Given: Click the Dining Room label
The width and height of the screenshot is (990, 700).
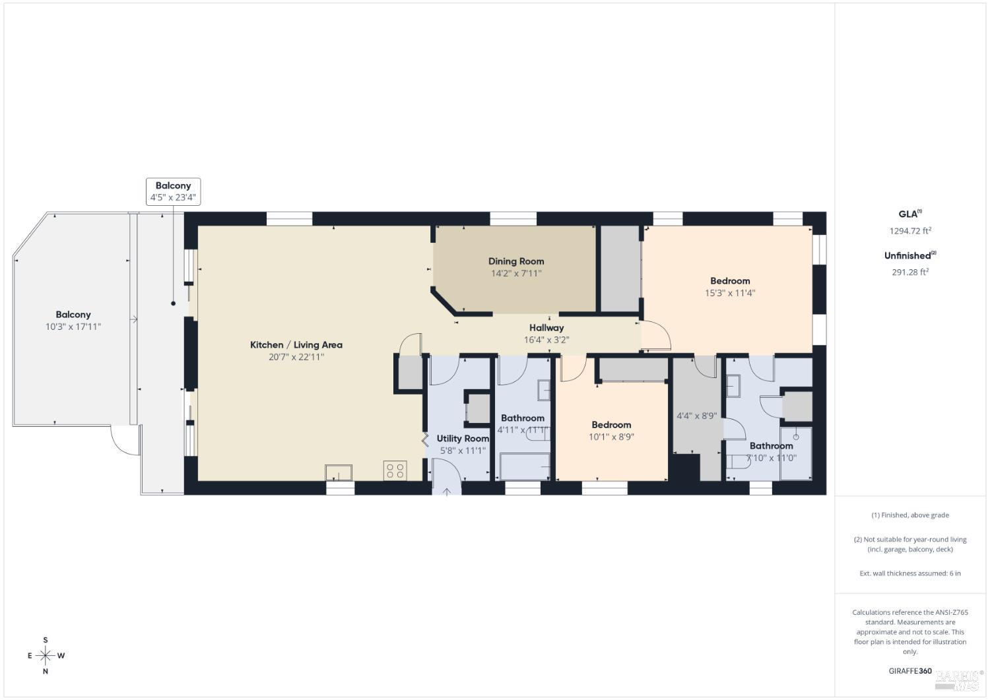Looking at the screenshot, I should tap(516, 261).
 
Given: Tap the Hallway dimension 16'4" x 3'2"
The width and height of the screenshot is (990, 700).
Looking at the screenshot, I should tap(546, 340).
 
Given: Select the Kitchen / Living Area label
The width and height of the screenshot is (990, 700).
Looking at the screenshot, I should tap(296, 345).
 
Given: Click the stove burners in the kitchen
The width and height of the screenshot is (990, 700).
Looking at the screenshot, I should tap(395, 470).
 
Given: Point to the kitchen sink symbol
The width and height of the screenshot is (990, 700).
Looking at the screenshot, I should tap(338, 472).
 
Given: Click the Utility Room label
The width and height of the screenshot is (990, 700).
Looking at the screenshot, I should tap(463, 439).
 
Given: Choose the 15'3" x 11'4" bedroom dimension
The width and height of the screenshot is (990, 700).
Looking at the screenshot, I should tap(730, 293).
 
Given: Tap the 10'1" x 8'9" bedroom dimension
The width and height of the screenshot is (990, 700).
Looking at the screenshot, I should tap(611, 437).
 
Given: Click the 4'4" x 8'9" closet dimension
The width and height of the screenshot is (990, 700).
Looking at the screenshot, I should tap(697, 416).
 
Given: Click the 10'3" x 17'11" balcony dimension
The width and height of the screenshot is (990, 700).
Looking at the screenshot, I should tap(73, 327).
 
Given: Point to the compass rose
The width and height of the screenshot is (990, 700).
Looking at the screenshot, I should tap(46, 656).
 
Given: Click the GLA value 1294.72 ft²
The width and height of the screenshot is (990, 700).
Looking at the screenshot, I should tap(910, 231).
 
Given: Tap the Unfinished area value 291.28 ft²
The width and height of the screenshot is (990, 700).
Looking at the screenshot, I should tap(910, 272).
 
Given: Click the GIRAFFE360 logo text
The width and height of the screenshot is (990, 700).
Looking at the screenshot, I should tap(910, 671).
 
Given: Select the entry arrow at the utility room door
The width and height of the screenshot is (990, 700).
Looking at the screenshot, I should tap(447, 491).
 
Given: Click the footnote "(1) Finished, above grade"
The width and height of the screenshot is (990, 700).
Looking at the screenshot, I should tap(910, 515).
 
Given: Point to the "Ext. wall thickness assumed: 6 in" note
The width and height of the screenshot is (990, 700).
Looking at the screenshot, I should tap(910, 573).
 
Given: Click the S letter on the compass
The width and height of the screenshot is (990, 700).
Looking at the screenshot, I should tap(46, 640).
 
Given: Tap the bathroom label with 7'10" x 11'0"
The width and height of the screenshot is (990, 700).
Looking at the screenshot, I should tap(771, 446).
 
